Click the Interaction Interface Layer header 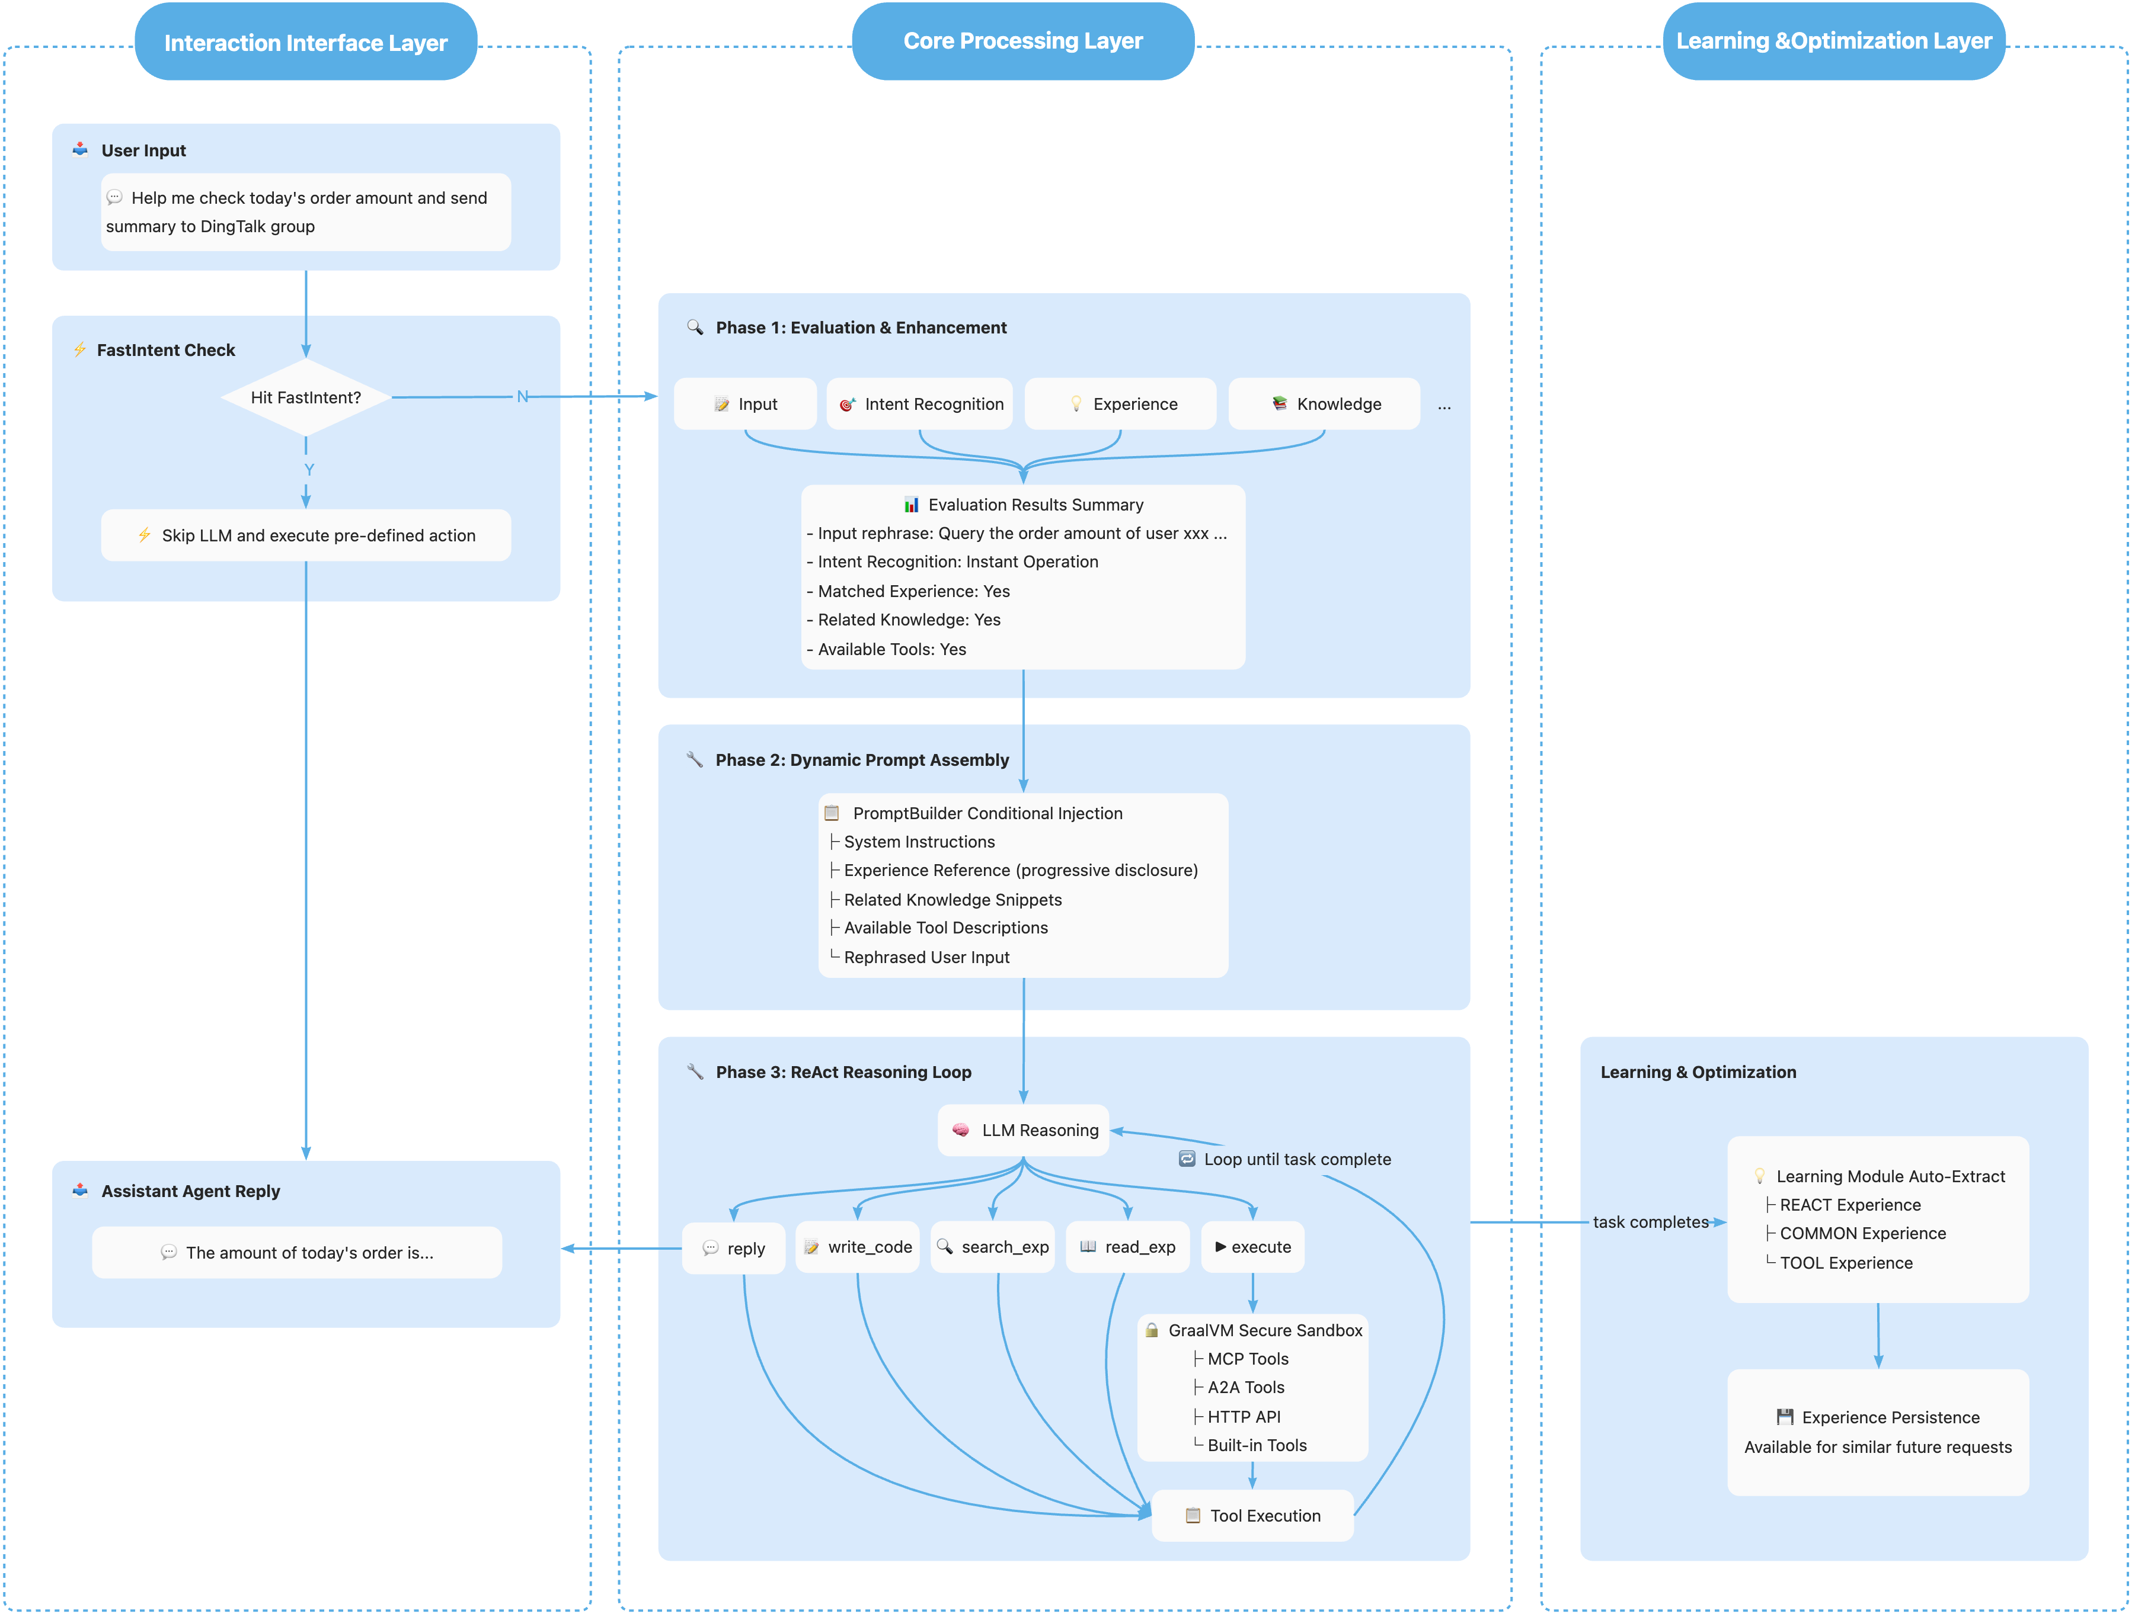[305, 43]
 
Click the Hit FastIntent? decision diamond [305, 397]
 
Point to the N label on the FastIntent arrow [522, 396]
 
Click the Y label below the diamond [309, 470]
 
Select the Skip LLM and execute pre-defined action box [305, 535]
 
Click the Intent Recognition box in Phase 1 [920, 404]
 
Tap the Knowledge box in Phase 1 [1324, 404]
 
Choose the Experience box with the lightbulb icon [1120, 404]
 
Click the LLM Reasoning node [1023, 1130]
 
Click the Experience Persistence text [1889, 1417]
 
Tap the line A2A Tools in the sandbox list [1245, 1387]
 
